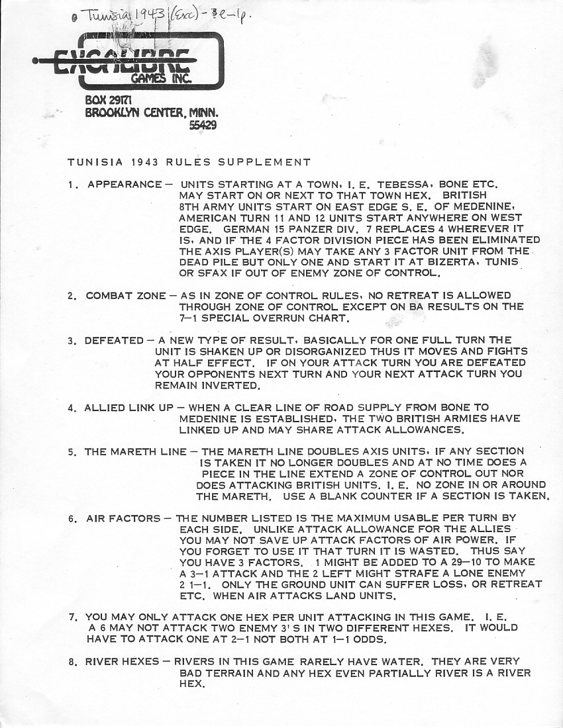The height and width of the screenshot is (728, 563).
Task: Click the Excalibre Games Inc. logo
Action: pos(129,62)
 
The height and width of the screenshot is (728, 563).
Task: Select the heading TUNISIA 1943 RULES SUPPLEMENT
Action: pos(189,162)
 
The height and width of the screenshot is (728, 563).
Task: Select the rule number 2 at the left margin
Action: pos(71,295)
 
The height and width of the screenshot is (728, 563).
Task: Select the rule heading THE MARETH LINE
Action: pos(135,452)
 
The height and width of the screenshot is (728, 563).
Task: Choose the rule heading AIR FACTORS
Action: pos(123,518)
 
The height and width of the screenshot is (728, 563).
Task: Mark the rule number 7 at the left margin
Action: pos(72,617)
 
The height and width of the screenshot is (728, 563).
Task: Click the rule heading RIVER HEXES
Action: pos(122,662)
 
